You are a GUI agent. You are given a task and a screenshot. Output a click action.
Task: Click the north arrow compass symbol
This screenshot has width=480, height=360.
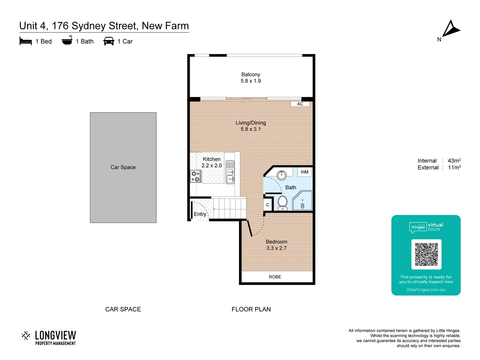[451, 29]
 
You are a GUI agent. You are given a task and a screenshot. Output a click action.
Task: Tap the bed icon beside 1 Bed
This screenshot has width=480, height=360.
[26, 41]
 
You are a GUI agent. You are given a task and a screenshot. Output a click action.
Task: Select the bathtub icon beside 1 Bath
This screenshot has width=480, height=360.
[67, 40]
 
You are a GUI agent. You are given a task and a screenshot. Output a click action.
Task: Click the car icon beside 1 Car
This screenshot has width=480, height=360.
[109, 41]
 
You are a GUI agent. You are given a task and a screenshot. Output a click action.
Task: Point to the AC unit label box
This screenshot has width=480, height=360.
[300, 104]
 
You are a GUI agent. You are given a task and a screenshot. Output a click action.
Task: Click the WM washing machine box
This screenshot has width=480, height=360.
[304, 172]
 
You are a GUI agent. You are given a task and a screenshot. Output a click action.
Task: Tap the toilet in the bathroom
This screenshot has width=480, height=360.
[282, 203]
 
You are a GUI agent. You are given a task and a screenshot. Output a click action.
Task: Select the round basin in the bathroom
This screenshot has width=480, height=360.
[282, 175]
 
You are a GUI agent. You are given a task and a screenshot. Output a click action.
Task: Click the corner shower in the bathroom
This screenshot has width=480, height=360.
[302, 201]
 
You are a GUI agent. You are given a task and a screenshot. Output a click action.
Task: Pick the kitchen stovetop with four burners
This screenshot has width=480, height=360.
[196, 176]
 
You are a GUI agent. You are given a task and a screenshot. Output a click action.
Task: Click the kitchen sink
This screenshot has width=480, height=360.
[230, 172]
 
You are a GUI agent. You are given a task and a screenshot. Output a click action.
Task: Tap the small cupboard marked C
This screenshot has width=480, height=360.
[268, 205]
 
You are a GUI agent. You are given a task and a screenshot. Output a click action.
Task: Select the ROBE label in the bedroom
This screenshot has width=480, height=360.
[275, 277]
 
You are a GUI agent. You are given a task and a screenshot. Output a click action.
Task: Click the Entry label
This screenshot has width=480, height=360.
[200, 214]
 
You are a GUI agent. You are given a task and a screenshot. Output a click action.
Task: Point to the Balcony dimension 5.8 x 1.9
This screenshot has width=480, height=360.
[251, 81]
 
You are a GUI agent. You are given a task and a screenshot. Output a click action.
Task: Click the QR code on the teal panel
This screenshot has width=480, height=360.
[426, 254]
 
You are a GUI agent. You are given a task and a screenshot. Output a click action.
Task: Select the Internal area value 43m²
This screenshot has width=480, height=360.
[454, 161]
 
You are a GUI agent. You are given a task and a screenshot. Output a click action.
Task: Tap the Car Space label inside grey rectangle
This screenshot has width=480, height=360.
[123, 167]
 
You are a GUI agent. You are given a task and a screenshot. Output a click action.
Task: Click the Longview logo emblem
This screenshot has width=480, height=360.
[26, 335]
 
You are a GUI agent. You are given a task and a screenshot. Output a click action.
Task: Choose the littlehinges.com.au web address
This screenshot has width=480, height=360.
[426, 290]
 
